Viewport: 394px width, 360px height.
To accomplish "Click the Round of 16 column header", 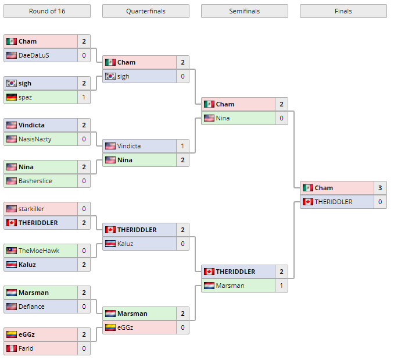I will click(46, 11).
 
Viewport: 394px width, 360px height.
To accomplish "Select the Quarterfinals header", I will click(145, 11).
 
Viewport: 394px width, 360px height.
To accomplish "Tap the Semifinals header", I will click(244, 11).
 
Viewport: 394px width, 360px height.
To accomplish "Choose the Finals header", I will click(343, 11).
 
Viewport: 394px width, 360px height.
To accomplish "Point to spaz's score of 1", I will click(84, 97).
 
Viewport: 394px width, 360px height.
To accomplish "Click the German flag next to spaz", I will click(12, 97).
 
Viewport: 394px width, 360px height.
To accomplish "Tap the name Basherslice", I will click(35, 181).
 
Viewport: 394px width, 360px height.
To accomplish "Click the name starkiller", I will click(31, 209).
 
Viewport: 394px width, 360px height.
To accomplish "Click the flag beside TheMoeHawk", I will click(12, 251).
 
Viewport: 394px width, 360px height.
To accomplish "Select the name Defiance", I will click(31, 306).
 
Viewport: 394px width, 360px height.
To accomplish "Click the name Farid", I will click(26, 348).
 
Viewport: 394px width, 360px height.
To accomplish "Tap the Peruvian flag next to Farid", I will click(12, 348).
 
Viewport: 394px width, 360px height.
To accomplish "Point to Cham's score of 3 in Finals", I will click(380, 188).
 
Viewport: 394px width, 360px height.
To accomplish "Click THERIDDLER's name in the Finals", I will click(334, 202).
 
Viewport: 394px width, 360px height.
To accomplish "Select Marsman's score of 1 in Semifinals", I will click(281, 286).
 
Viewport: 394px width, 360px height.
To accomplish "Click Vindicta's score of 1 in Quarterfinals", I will click(182, 146).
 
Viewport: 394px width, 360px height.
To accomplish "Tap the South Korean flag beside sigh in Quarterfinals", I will click(110, 76).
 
